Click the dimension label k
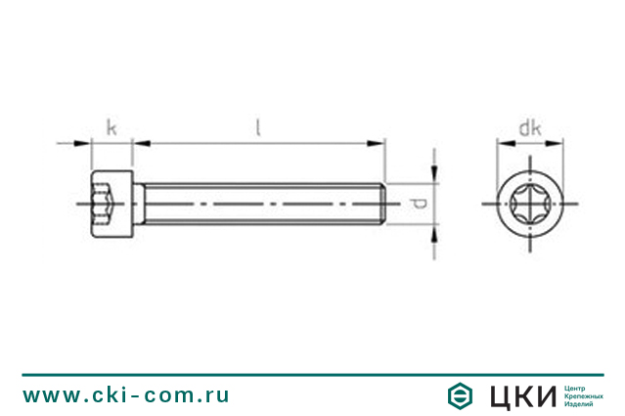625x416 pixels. [112, 127]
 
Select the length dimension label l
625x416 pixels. [257, 126]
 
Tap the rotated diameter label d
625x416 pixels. [417, 205]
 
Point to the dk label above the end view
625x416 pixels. [530, 127]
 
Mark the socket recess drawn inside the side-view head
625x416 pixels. [106, 205]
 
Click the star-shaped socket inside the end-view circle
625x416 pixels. [530, 206]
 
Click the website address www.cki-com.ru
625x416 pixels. [126, 394]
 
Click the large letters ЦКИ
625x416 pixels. [521, 395]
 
